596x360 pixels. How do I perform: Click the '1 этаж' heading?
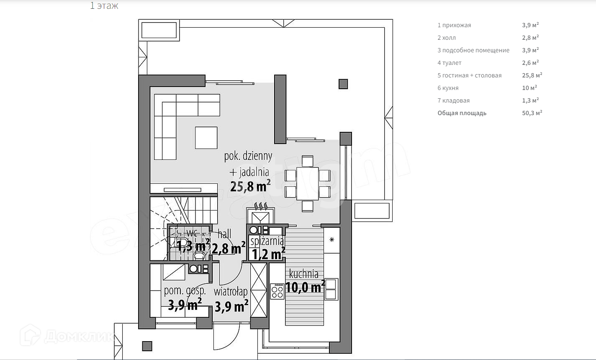pyautogui.click(x=104, y=6)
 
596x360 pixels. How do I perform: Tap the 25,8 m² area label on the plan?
pyautogui.click(x=250, y=185)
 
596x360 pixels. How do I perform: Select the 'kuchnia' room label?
pyautogui.click(x=304, y=274)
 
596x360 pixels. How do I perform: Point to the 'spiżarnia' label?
pyautogui.click(x=267, y=241)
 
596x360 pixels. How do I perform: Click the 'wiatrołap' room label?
pyautogui.click(x=231, y=291)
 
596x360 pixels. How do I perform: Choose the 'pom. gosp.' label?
pyautogui.click(x=185, y=291)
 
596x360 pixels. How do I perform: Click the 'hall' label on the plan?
pyautogui.click(x=224, y=234)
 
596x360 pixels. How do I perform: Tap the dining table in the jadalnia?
pyautogui.click(x=308, y=183)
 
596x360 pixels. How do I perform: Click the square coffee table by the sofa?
pyautogui.click(x=206, y=138)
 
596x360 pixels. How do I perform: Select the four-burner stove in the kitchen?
pyautogui.click(x=277, y=291)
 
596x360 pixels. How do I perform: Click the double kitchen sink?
pyautogui.click(x=331, y=289)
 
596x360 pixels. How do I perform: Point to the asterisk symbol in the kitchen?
pyautogui.click(x=332, y=240)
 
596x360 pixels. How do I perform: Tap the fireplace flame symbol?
pyautogui.click(x=261, y=206)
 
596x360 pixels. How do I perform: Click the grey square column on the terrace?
pyautogui.click(x=343, y=84)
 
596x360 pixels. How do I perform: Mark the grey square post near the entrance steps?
pyautogui.click(x=147, y=346)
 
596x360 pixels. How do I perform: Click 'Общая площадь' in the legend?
pyautogui.click(x=462, y=113)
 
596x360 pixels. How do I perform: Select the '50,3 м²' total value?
pyautogui.click(x=532, y=113)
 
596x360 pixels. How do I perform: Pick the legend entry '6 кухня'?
pyautogui.click(x=448, y=88)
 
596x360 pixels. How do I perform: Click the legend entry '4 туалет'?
pyautogui.click(x=450, y=63)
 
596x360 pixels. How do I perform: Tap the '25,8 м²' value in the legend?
pyautogui.click(x=532, y=75)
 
